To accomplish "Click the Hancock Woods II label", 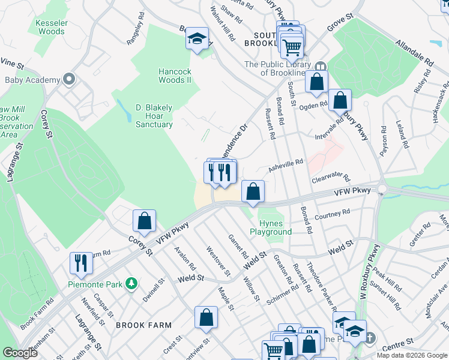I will point(175,75).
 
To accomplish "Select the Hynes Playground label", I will point(271,227).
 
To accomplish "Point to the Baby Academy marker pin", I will point(69,79).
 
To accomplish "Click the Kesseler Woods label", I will point(51,27).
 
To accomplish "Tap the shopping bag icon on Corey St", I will point(145,221).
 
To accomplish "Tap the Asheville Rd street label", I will point(285,166).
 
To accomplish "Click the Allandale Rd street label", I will point(414,52).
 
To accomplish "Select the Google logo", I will point(20,353).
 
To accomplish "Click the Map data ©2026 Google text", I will point(412,355).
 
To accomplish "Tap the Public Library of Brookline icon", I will point(319,67).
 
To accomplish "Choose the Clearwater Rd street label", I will point(331,177).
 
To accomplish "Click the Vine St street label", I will point(11,62).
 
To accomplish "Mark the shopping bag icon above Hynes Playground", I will point(253,192).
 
